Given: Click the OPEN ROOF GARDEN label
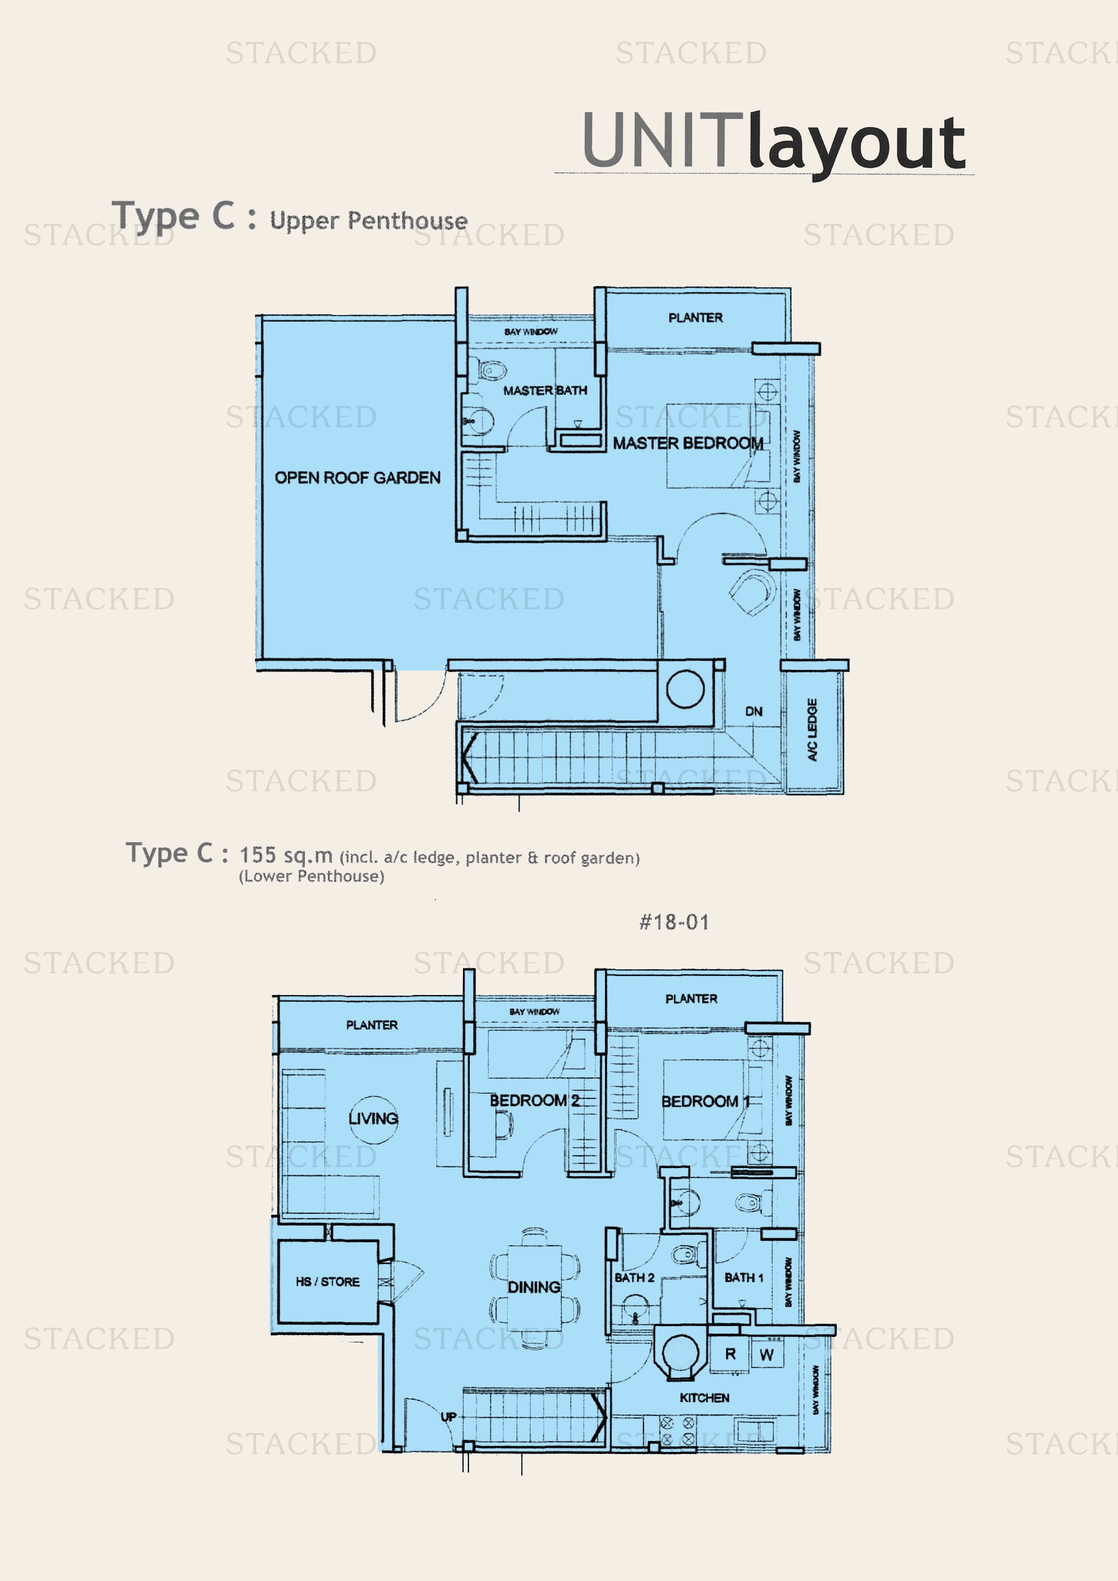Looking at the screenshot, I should click(358, 477).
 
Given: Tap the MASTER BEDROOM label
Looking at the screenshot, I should click(687, 443).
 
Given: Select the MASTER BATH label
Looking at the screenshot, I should click(545, 391).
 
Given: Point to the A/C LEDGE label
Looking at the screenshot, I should click(812, 729).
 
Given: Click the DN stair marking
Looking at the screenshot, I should click(754, 710).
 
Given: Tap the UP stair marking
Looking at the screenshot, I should click(448, 1417).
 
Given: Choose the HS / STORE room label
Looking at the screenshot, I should click(328, 1282).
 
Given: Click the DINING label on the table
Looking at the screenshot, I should click(533, 1286).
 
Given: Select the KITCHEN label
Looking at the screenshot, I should click(704, 1397).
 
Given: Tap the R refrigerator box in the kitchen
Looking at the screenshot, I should click(731, 1354).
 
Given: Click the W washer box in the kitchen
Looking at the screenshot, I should click(767, 1355).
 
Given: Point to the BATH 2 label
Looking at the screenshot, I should click(634, 1278).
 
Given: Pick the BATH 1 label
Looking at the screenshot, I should click(744, 1278).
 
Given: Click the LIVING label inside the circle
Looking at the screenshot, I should click(373, 1118).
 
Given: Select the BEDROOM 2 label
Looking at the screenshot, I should click(534, 1100).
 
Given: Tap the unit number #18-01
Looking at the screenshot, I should click(674, 922).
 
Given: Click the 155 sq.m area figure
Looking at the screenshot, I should click(286, 855).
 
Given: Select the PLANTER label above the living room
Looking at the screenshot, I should click(372, 1025).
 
